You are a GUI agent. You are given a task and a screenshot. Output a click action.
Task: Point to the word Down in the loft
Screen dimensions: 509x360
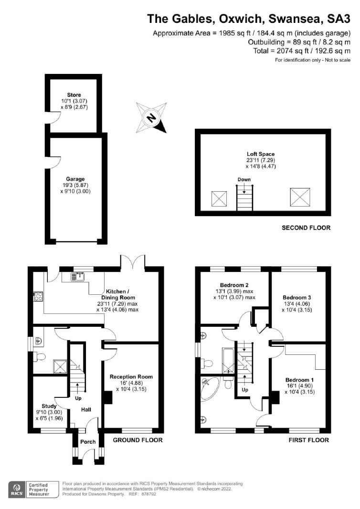[x=244, y=179]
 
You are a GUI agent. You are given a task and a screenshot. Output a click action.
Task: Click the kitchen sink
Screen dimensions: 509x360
[x=77, y=276]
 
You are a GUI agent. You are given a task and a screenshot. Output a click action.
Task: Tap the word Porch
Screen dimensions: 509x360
[x=88, y=442]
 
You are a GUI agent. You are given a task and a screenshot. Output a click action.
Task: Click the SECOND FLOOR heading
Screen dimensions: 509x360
[x=306, y=228]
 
